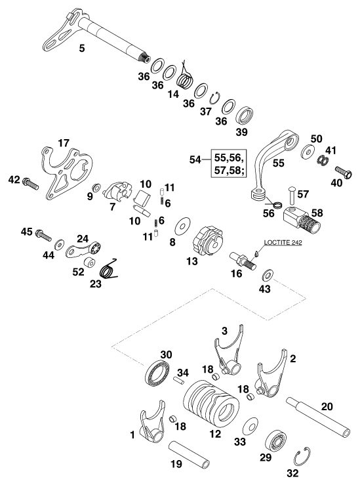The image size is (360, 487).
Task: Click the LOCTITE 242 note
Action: tap(283, 243)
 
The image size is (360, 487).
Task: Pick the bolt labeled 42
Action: tap(30, 183)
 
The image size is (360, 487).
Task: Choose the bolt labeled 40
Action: tap(343, 173)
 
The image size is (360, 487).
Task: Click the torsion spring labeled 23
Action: tap(109, 268)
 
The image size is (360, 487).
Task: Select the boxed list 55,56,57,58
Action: tap(229, 163)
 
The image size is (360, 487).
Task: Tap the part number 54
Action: tap(195, 159)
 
